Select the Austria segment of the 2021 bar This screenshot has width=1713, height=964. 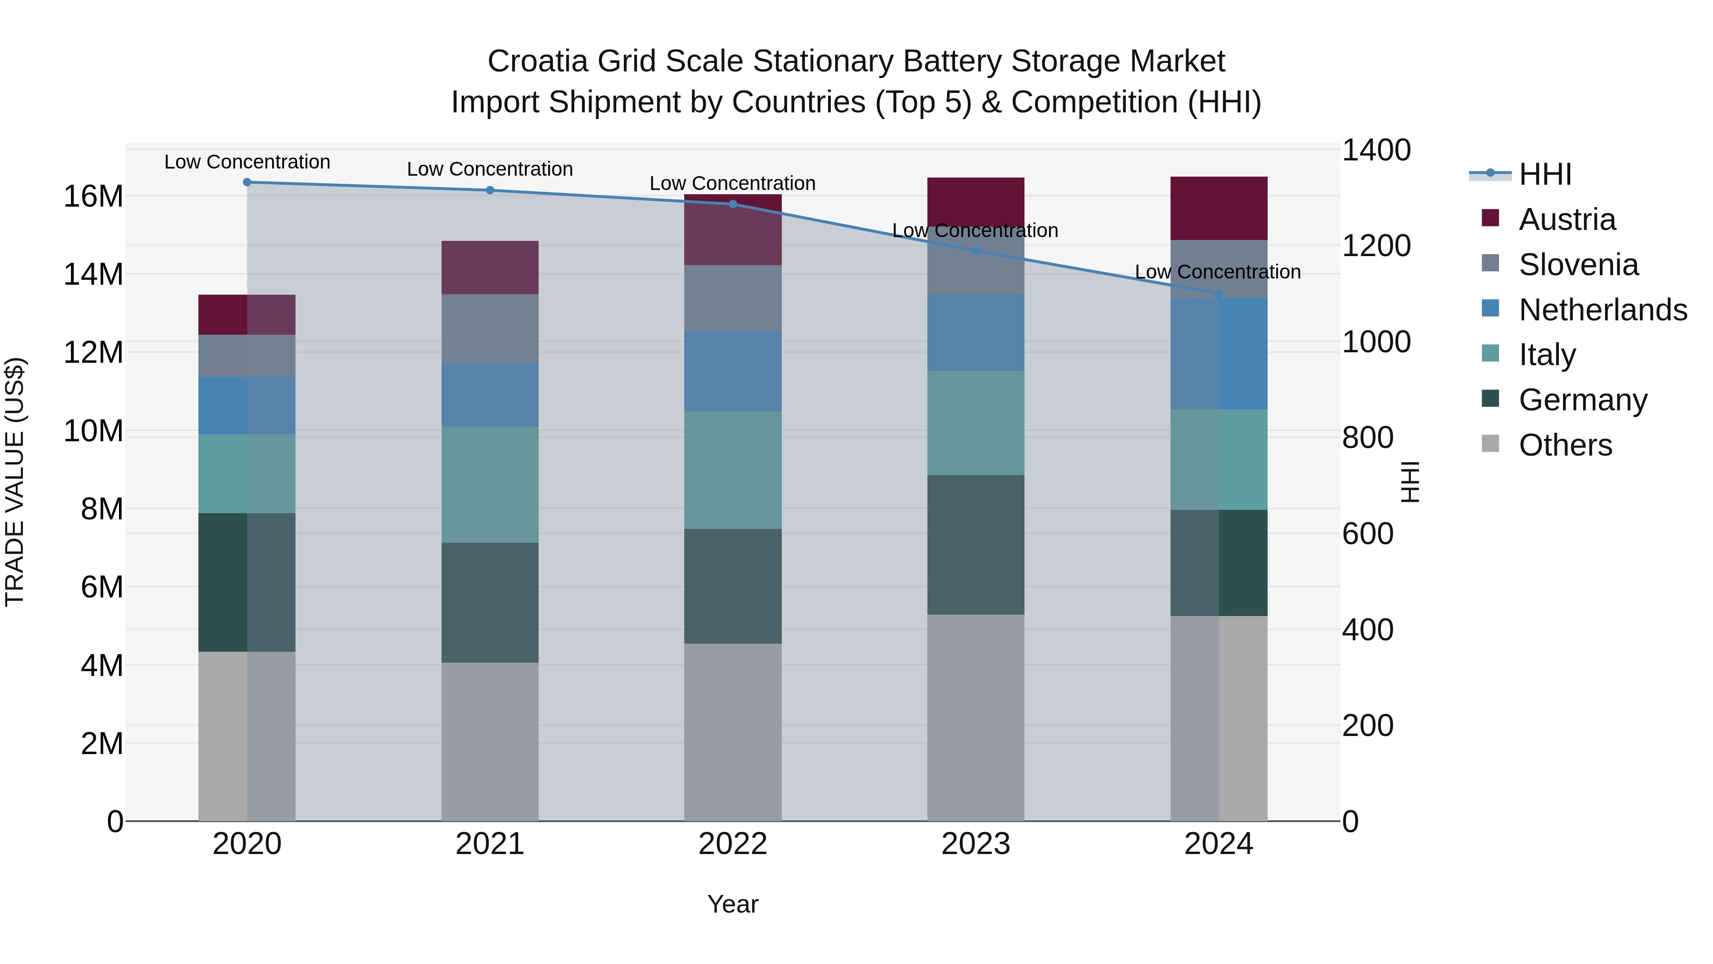(x=490, y=268)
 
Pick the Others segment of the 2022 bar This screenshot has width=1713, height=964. (x=732, y=732)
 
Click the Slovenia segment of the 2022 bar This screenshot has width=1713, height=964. (x=732, y=298)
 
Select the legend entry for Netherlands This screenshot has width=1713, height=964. (x=1602, y=310)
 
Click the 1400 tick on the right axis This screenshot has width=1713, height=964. (x=1375, y=150)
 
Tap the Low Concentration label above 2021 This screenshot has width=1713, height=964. (x=490, y=169)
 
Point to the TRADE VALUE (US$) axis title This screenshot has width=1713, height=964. (x=15, y=482)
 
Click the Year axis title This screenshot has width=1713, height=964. (x=732, y=904)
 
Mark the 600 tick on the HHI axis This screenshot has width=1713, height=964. (x=1367, y=534)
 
